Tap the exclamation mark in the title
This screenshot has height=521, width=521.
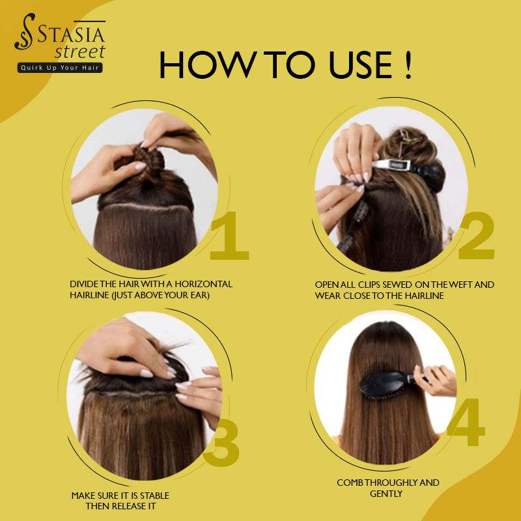pyautogui.click(x=408, y=64)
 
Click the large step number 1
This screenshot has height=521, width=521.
pyautogui.click(x=230, y=236)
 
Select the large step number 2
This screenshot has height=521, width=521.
pyautogui.click(x=477, y=236)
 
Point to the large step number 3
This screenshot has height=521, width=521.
pyautogui.click(x=221, y=443)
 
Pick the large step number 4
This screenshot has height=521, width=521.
pyautogui.click(x=466, y=422)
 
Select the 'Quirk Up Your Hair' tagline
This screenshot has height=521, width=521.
pyautogui.click(x=60, y=68)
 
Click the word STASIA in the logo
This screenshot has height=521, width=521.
pyautogui.click(x=71, y=35)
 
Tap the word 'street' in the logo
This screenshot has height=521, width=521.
pyautogui.click(x=80, y=52)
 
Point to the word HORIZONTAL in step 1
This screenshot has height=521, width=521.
pyautogui.click(x=203, y=284)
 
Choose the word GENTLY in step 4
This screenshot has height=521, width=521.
pyautogui.click(x=386, y=494)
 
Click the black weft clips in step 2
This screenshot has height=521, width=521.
pyautogui.click(x=354, y=226)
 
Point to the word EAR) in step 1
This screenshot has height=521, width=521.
pyautogui.click(x=200, y=295)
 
